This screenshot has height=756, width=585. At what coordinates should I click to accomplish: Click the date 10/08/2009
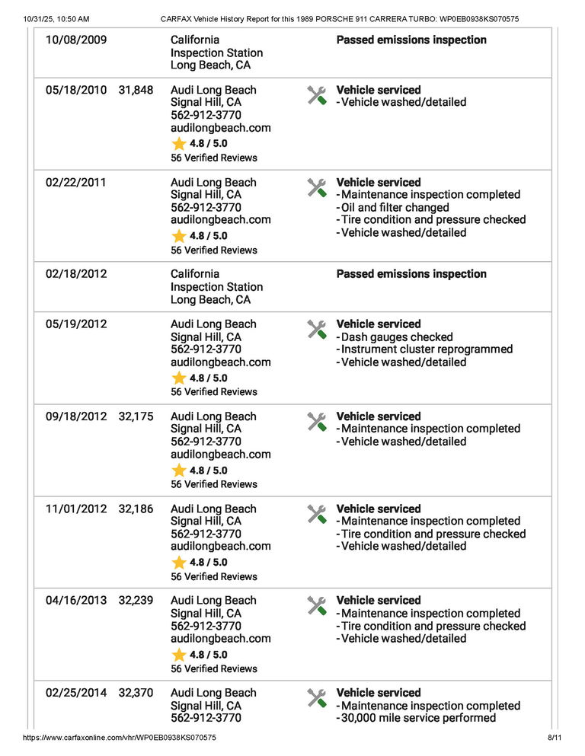[x=76, y=40]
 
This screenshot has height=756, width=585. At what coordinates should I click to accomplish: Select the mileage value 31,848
[x=136, y=90]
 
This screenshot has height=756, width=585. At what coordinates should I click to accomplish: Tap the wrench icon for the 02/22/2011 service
[x=317, y=187]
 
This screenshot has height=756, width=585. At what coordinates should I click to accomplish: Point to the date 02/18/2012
[x=76, y=274]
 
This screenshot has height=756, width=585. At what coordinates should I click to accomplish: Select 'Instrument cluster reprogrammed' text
[x=427, y=349]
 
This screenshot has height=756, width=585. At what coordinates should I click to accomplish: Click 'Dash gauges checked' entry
[x=396, y=337]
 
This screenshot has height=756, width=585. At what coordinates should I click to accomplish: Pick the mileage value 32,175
[x=136, y=416]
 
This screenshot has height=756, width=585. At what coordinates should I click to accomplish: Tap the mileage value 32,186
[x=136, y=509]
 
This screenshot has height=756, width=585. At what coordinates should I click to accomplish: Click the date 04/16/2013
[x=76, y=601]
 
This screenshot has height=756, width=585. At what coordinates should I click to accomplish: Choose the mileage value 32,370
[x=136, y=693]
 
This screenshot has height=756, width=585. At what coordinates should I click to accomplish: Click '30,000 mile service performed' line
[x=417, y=718]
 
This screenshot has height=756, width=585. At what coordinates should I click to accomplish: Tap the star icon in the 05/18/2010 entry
[x=179, y=144]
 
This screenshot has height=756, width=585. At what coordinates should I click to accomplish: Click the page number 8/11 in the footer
[x=554, y=738]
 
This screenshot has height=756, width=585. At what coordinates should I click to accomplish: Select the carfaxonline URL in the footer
[x=120, y=738]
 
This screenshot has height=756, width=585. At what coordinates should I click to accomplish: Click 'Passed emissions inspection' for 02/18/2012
[x=411, y=274]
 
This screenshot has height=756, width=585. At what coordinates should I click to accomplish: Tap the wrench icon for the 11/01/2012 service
[x=317, y=514]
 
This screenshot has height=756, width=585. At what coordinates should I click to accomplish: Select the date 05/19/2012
[x=76, y=324]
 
